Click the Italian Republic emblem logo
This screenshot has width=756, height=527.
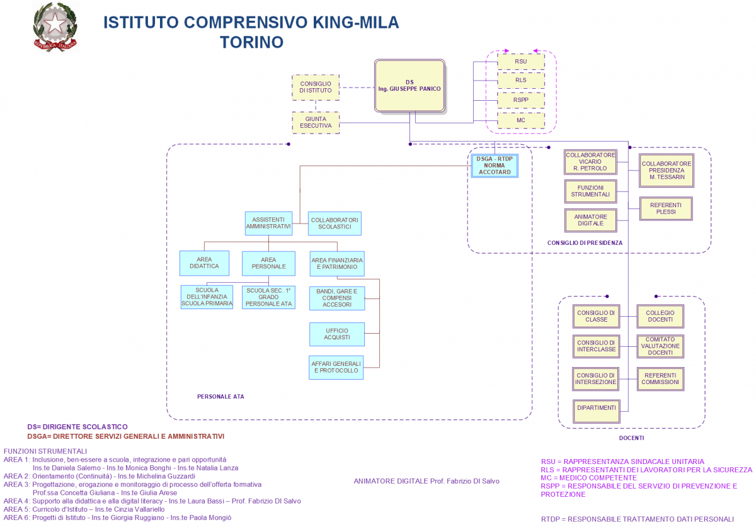55,26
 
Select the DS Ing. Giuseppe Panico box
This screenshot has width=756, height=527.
409,86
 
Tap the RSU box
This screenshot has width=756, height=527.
520,61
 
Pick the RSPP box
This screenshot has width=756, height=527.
520,100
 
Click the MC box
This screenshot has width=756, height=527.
520,120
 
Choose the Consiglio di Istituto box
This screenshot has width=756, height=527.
316,87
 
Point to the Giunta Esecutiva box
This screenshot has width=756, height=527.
316,122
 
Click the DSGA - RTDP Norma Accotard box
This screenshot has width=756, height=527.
495,166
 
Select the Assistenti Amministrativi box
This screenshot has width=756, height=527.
268,223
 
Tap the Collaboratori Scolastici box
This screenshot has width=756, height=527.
335,223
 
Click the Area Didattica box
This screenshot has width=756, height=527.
204,263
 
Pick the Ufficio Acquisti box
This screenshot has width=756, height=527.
337,334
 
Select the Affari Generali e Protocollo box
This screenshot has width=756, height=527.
337,367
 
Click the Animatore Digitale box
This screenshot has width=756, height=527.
590,220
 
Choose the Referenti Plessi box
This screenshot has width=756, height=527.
666,208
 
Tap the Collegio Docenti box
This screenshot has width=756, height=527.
660,316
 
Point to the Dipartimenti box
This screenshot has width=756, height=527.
596,408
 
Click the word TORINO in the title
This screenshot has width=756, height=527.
251,42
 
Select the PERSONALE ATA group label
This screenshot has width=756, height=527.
220,397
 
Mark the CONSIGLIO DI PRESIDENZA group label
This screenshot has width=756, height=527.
585,242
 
